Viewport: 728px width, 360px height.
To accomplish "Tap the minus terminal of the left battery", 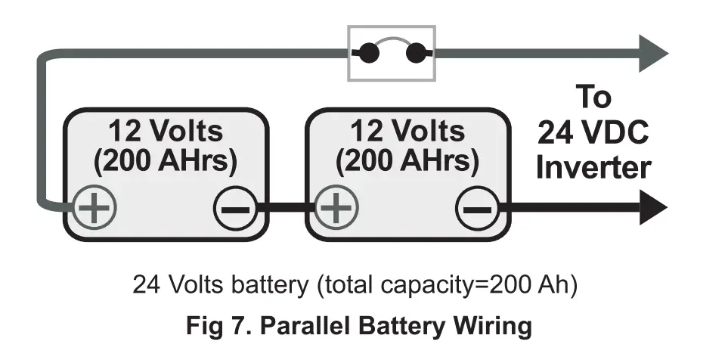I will pos(234,208).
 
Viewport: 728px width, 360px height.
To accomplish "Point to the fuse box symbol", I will pos(391,53).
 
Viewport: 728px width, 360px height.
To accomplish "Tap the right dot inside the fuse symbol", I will pos(414,54).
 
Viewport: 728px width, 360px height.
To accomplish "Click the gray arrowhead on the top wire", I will pos(652,54).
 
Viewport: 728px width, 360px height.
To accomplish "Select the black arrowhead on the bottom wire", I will pos(652,208).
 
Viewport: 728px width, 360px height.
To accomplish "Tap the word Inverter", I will pos(593,167).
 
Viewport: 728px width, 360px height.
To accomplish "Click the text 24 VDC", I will pos(593,132).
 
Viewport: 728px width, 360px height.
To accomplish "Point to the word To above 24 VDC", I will pos(593,98).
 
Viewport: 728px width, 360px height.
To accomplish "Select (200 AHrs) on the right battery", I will pos(407,160).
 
